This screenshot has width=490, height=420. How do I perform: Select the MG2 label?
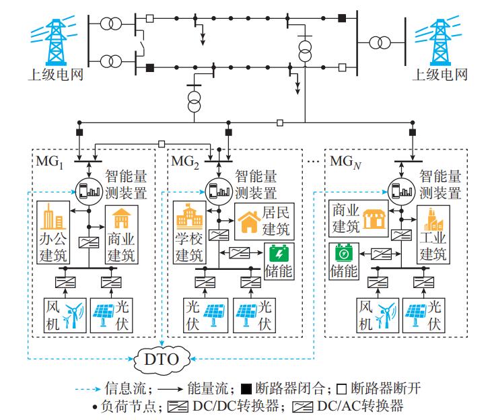[x=184, y=162]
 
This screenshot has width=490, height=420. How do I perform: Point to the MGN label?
[x=346, y=162]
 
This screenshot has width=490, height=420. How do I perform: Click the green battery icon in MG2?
[x=277, y=254]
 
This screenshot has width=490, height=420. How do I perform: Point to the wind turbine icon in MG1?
[x=75, y=314]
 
